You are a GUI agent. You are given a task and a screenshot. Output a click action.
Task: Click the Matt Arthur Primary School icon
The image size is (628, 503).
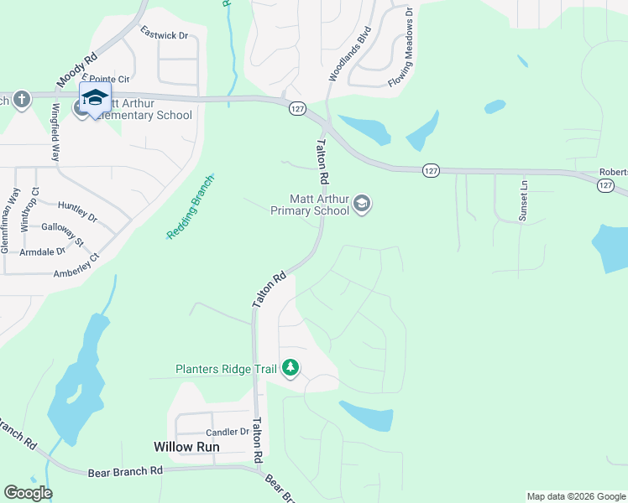point(362,204)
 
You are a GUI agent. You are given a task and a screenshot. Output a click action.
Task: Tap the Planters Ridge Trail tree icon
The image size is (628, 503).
point(290,368)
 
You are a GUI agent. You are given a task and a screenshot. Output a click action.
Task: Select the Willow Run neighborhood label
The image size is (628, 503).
point(186,447)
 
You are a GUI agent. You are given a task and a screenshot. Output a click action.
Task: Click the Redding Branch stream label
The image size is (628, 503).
point(191,207)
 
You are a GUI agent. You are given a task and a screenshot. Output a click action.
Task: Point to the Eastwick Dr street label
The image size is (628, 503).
point(164,34)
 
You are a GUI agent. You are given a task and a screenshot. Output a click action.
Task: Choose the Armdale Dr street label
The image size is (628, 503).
point(43,251)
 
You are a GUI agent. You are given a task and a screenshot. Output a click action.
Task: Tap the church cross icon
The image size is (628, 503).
point(22,101)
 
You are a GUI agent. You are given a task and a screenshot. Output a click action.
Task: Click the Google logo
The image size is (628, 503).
point(28,493)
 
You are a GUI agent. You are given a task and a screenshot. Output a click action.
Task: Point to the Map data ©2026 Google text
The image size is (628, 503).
point(576,496)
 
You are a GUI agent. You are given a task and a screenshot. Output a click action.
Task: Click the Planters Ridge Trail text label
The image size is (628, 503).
point(227,369)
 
